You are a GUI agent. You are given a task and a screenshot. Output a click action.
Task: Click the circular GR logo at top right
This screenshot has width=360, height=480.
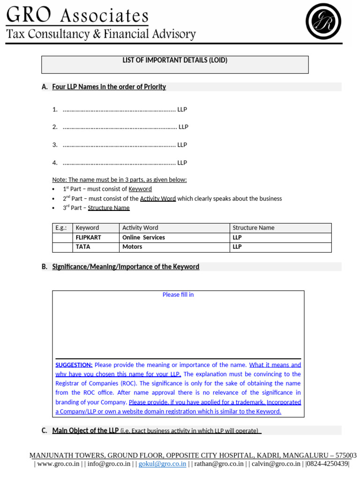click(323, 21)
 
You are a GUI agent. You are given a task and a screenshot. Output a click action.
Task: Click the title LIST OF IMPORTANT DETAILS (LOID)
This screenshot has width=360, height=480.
click(175, 60)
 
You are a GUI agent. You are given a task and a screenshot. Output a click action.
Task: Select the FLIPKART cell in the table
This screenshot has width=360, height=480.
click(88, 238)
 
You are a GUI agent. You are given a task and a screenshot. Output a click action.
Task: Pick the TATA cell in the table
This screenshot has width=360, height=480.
click(83, 247)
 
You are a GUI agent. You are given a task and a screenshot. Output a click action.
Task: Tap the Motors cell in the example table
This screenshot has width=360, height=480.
click(132, 247)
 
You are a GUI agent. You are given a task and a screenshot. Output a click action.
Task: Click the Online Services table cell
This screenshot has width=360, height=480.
click(143, 238)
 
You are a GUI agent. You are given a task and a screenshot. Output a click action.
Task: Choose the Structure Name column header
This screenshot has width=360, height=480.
click(254, 228)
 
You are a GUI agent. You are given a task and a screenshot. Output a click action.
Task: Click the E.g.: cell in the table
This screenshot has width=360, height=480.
click(61, 228)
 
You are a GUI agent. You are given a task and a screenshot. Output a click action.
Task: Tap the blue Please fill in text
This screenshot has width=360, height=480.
click(178, 295)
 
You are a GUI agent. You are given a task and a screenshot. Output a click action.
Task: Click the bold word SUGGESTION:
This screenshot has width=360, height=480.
click(74, 365)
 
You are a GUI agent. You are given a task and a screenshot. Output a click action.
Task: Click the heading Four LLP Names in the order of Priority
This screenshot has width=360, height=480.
click(109, 87)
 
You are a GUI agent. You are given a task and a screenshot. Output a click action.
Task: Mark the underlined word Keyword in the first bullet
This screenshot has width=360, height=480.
click(140, 189)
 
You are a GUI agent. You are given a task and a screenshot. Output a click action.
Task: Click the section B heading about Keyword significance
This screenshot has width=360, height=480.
click(126, 267)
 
